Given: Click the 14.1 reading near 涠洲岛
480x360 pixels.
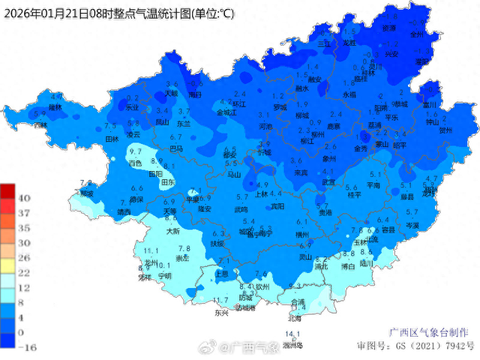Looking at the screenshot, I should [x=292, y=334].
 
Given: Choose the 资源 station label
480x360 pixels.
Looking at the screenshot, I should [x=388, y=28].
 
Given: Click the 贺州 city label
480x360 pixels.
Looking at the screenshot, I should [x=446, y=130].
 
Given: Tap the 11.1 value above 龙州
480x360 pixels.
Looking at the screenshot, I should [x=150, y=250].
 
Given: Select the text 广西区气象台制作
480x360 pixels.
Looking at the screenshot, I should [x=428, y=331].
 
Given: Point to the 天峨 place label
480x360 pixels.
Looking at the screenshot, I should [x=172, y=94].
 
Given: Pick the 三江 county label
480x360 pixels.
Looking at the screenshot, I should [x=325, y=44].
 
